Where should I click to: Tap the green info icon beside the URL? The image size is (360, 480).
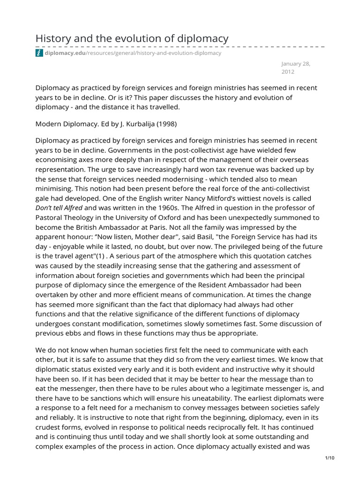click(39, 53)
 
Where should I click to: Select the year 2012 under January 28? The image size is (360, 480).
click(288, 73)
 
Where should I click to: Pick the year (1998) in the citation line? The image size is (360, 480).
click(169, 124)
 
